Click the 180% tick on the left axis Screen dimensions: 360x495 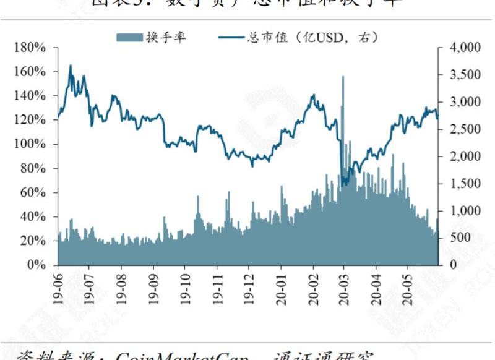(x=30, y=48)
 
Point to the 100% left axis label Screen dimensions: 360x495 (x=30, y=144)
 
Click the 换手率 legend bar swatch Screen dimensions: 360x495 (x=129, y=38)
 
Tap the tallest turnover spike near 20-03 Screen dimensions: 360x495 (x=343, y=77)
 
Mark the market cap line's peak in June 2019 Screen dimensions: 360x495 (x=70, y=66)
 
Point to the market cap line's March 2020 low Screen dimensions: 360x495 (x=344, y=185)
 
